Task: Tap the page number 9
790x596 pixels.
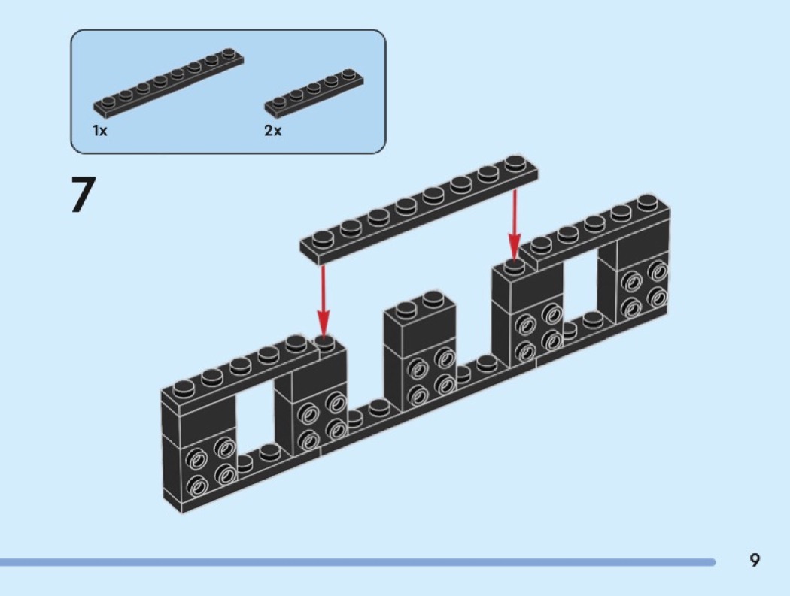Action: pyautogui.click(x=755, y=560)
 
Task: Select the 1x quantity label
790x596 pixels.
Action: pyautogui.click(x=100, y=131)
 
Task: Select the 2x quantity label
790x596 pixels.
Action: pyautogui.click(x=272, y=131)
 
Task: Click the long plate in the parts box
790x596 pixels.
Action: pyautogui.click(x=168, y=83)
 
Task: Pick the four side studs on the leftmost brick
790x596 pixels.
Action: pyautogui.click(x=211, y=468)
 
